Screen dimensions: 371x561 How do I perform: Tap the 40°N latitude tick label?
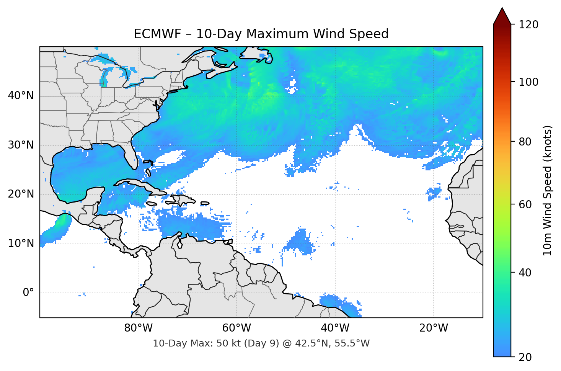(21, 96)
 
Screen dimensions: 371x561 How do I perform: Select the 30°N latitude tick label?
(21, 145)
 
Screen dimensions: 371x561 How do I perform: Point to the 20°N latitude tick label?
(21, 194)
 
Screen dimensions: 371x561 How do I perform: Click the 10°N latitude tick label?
(21, 244)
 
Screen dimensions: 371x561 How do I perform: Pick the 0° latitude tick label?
(28, 293)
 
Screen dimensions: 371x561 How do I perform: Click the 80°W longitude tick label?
(138, 328)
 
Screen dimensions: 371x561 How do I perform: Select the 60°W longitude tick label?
(236, 328)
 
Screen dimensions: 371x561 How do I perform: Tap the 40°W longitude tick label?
(335, 328)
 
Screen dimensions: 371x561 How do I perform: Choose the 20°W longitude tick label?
(433, 328)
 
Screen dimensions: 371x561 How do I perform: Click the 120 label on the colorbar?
(528, 25)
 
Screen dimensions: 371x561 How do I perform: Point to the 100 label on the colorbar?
(528, 82)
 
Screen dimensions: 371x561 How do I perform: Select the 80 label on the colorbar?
(525, 142)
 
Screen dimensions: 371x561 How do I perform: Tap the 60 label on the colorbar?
(525, 204)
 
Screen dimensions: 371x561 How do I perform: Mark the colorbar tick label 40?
(525, 273)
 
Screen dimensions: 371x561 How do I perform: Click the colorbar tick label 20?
(525, 357)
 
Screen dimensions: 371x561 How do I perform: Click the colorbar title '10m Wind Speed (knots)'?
(548, 190)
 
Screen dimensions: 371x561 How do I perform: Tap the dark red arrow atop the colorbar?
(502, 16)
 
